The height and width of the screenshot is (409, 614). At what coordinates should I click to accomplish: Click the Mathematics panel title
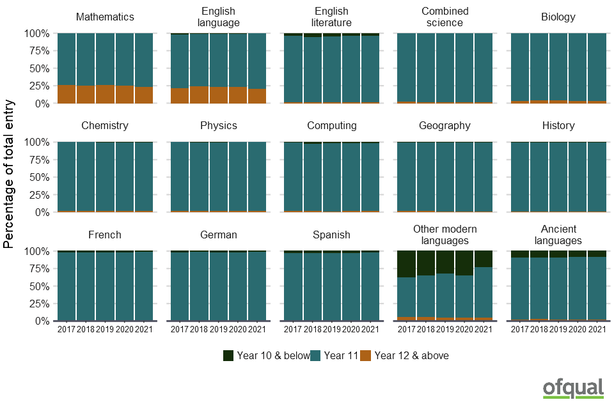[105, 17]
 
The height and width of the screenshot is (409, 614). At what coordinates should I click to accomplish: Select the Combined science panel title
[445, 17]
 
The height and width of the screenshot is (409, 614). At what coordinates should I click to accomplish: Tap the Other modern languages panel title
[445, 235]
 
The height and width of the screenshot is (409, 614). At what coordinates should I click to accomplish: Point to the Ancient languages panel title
[558, 235]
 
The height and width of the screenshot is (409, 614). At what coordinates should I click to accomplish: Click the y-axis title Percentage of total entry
[9, 176]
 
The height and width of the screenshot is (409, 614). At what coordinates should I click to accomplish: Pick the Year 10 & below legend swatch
[228, 356]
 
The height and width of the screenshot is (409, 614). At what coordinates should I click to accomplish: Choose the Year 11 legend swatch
[315, 356]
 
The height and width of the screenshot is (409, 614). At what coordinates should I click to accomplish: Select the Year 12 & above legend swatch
[366, 356]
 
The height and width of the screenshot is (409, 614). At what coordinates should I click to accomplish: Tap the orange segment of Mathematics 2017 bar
[67, 94]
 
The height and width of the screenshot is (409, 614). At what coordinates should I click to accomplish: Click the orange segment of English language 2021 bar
[257, 96]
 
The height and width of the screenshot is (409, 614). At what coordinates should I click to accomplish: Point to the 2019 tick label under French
[105, 330]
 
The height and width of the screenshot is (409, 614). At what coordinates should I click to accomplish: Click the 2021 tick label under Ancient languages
[597, 330]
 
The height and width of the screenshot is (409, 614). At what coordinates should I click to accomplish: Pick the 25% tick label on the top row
[37, 86]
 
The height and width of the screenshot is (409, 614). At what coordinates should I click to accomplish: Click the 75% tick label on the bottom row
[37, 268]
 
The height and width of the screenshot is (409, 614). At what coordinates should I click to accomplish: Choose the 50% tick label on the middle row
[37, 177]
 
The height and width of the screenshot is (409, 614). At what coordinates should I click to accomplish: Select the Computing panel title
[332, 126]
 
